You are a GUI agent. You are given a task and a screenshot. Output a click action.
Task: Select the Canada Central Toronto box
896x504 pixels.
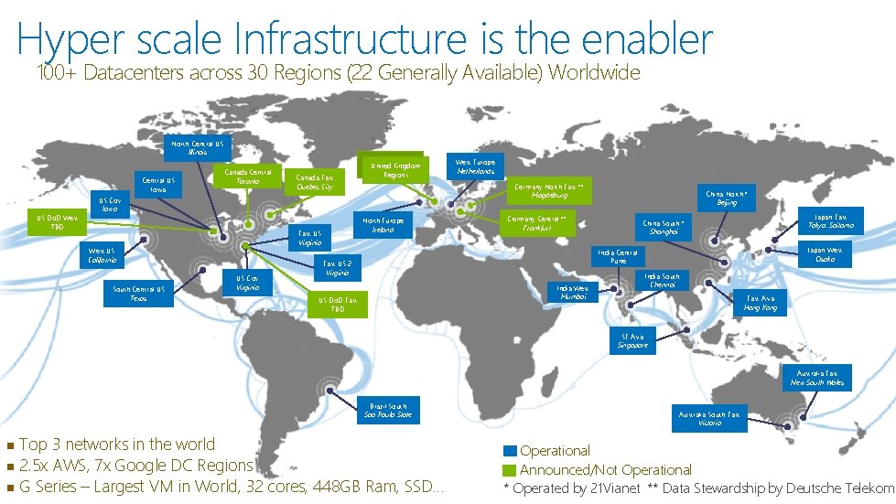pos(248,177)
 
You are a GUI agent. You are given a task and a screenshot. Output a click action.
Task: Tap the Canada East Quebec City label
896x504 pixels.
pos(315,182)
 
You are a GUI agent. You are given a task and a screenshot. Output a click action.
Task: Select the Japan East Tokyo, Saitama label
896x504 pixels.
pos(830,220)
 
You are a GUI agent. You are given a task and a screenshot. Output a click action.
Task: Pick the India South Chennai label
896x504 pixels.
pos(662,280)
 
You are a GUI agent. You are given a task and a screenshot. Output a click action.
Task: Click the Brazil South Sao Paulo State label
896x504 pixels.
pos(388,410)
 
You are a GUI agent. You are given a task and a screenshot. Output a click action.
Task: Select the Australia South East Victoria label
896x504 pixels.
pos(709,418)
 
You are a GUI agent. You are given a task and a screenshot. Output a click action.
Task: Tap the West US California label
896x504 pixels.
pos(102,254)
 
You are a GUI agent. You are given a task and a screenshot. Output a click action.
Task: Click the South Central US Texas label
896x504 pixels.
pos(138,294)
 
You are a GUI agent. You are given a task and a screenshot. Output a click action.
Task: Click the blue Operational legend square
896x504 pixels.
pos(510,451)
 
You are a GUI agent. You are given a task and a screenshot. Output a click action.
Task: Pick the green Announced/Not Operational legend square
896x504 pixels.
pos(510,470)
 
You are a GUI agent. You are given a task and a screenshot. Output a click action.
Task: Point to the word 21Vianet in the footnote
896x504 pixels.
pos(616,489)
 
